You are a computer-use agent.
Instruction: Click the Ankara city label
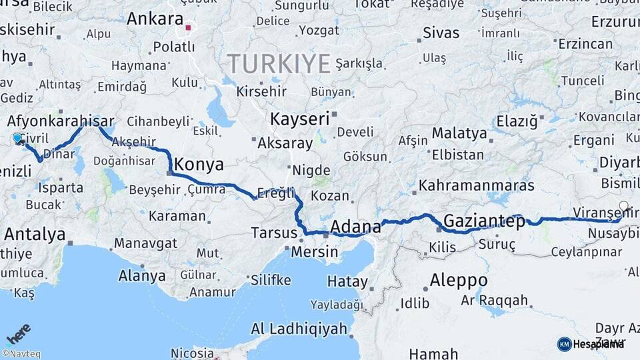pyautogui.click(x=155, y=19)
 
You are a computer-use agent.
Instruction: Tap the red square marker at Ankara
pyautogui.click(x=188, y=28)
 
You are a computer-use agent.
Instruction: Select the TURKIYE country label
pyautogui.click(x=279, y=64)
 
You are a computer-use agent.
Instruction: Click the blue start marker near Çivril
pyautogui.click(x=17, y=138)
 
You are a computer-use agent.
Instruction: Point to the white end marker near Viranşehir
pyautogui.click(x=623, y=206)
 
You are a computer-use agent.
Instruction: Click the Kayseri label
pyautogui.click(x=300, y=119)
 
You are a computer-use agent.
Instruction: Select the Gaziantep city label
pyautogui.click(x=484, y=221)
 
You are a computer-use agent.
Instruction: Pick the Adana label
pyautogui.click(x=355, y=225)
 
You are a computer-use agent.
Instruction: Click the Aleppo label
pyautogui.click(x=458, y=280)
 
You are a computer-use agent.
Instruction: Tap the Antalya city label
pyautogui.click(x=35, y=234)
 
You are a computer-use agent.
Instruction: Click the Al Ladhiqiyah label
pyautogui.click(x=299, y=329)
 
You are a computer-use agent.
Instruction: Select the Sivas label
pyautogui.click(x=441, y=33)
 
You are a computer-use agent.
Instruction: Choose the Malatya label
pyautogui.click(x=459, y=133)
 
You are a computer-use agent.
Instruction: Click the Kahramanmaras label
pyautogui.click(x=477, y=185)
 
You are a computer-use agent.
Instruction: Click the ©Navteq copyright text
pyautogui.click(x=21, y=354)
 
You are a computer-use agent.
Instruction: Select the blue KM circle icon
pyautogui.click(x=564, y=344)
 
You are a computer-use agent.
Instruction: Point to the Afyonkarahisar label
pyautogui.click(x=60, y=121)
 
